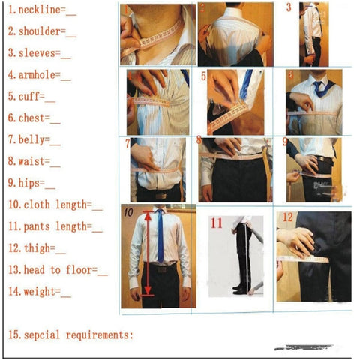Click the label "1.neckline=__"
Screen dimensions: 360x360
click(x=40, y=10)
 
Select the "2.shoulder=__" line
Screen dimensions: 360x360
click(x=42, y=32)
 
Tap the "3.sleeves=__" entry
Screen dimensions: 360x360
click(x=39, y=53)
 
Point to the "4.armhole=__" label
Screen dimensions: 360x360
click(x=40, y=75)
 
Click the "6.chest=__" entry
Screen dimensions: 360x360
click(x=34, y=118)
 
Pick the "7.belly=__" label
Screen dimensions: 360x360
click(x=34, y=139)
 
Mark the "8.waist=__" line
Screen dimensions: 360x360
click(x=34, y=160)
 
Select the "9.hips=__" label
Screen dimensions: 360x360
click(x=31, y=182)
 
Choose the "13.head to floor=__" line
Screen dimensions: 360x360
click(x=58, y=269)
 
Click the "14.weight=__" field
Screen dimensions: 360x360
click(x=40, y=292)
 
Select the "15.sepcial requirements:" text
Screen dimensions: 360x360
click(x=70, y=334)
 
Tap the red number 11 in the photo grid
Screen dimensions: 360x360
click(x=217, y=223)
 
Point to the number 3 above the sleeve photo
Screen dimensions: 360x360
click(x=289, y=8)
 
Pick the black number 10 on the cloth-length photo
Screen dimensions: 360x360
click(x=128, y=213)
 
